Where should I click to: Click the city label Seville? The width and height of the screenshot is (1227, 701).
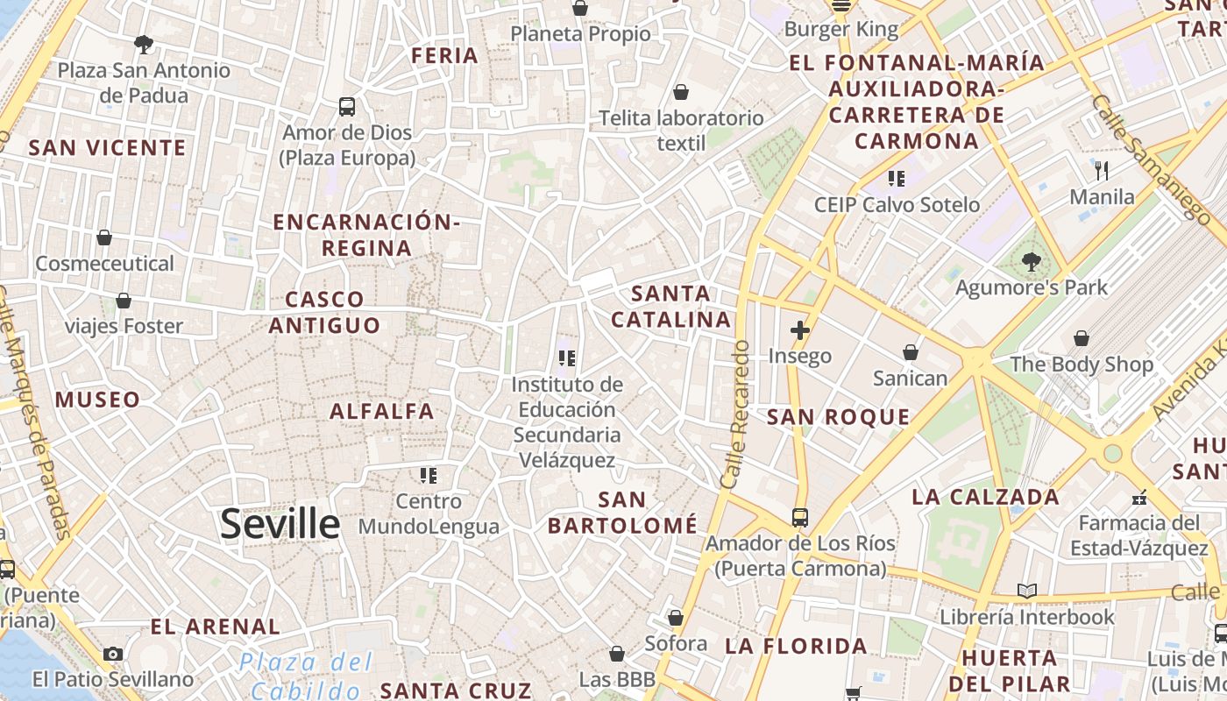pos(280,524)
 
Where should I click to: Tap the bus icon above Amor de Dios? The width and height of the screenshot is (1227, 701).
pos(347,107)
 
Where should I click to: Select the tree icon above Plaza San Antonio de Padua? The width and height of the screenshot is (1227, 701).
pos(144,44)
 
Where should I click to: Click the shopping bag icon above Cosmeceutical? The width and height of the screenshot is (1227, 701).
pos(104,237)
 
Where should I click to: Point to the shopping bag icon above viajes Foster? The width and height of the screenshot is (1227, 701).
pos(124,301)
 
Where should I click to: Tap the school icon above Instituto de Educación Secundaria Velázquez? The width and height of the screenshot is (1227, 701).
pos(567,358)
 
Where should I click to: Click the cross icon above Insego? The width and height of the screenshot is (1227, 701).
pos(799,330)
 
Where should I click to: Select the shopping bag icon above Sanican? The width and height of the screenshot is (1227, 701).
pos(911,352)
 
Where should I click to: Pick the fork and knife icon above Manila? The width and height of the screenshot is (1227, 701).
pos(1102,170)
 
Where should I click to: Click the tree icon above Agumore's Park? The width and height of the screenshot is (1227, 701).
pos(1032,260)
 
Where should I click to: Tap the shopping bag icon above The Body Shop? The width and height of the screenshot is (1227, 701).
pos(1082,338)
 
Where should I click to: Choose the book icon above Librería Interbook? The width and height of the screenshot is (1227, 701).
pos(1027,591)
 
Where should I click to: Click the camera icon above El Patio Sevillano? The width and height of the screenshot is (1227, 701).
pos(113,654)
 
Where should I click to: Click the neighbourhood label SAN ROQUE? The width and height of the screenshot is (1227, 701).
pos(839,417)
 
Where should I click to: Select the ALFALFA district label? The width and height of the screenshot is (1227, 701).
pos(382,411)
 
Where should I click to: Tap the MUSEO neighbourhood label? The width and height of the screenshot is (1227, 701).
pos(97,400)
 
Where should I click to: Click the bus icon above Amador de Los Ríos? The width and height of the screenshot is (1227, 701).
pos(800,517)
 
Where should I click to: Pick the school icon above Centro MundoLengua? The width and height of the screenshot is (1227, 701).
pos(429,475)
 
